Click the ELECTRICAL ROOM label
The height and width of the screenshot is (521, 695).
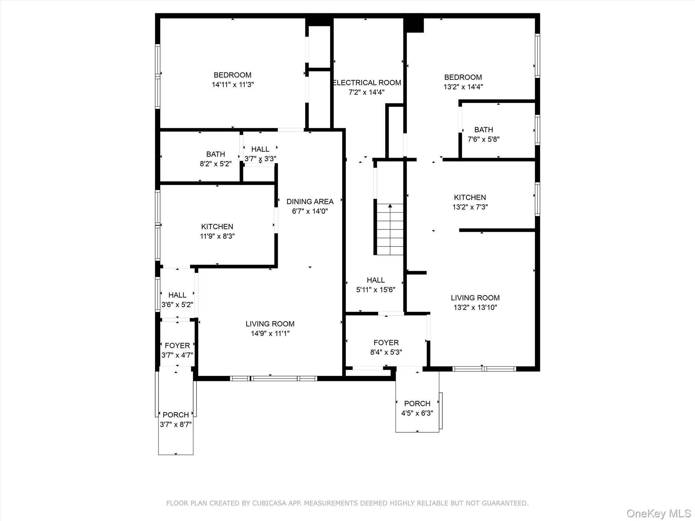tap(367, 83)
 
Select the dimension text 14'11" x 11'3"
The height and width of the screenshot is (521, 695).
tap(233, 84)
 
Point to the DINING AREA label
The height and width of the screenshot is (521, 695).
tap(310, 201)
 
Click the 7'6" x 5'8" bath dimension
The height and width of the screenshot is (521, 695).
tap(483, 139)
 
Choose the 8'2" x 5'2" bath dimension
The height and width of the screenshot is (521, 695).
tap(215, 164)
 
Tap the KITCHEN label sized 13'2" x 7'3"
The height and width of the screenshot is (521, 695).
tap(470, 197)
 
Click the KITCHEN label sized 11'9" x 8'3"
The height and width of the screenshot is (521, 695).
tap(217, 227)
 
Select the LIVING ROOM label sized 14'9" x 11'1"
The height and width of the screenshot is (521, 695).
tap(270, 324)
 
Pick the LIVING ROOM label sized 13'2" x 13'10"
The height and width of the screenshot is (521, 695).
tap(475, 298)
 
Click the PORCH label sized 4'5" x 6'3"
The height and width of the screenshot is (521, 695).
tap(417, 404)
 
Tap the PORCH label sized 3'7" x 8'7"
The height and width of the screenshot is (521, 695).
tap(175, 415)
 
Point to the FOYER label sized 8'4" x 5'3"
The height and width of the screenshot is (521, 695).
tap(386, 343)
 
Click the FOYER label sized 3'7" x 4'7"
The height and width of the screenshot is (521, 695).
tap(177, 346)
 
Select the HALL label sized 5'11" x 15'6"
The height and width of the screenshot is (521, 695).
tap(375, 280)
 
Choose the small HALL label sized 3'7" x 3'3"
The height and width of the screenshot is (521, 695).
tap(260, 149)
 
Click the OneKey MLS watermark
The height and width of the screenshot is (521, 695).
tap(658, 513)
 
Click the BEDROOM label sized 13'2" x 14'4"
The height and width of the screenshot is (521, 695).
tap(463, 77)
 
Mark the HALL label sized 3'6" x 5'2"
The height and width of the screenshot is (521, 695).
tap(177, 295)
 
